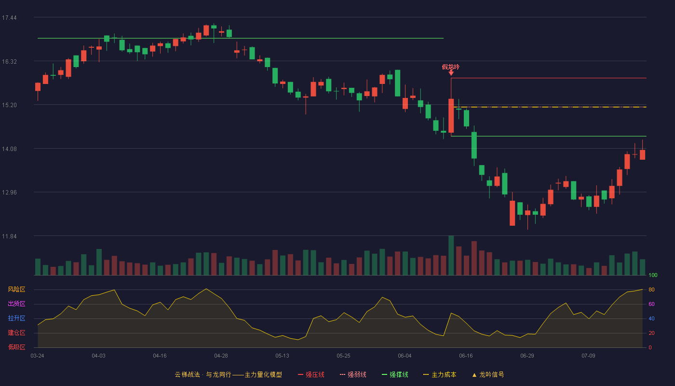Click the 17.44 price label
click(9, 18)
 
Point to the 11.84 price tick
click(9, 236)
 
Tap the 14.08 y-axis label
click(9, 149)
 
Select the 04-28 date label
click(221, 356)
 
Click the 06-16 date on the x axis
click(466, 356)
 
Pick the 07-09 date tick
click(589, 356)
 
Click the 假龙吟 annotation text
click(451, 67)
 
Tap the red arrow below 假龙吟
click(451, 73)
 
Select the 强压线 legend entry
click(311, 374)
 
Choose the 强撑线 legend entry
click(395, 374)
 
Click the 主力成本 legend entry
click(440, 374)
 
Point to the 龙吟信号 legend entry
click(488, 374)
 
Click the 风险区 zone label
click(16, 289)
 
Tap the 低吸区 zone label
click(16, 347)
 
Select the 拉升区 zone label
click(16, 318)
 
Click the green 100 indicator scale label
click(653, 275)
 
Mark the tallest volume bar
click(451, 255)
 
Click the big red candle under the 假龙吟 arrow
click(451, 116)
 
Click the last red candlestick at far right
click(642, 154)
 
